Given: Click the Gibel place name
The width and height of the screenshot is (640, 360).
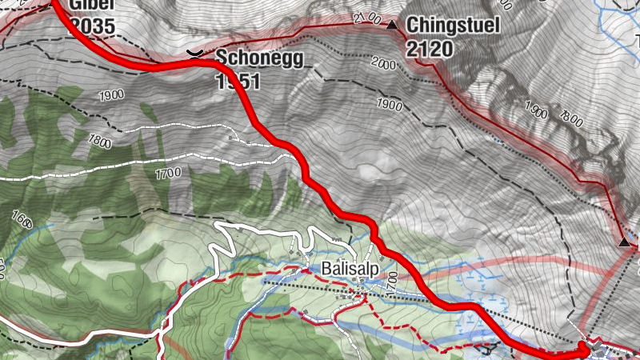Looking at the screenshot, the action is pyautogui.click(x=91, y=5).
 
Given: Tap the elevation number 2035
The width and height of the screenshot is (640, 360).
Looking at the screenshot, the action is pyautogui.click(x=93, y=26).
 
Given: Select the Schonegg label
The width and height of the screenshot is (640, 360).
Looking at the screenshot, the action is pyautogui.click(x=249, y=57).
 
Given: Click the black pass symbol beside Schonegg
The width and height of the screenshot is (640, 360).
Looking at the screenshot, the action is pyautogui.click(x=194, y=54).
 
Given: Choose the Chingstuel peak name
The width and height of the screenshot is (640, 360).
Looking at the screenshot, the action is pyautogui.click(x=453, y=26).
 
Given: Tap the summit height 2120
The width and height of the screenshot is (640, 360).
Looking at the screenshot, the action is pyautogui.click(x=430, y=50).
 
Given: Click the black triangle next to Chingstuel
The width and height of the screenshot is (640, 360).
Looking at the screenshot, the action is pyautogui.click(x=392, y=26).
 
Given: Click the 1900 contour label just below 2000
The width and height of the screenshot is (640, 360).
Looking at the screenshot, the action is pyautogui.click(x=389, y=105).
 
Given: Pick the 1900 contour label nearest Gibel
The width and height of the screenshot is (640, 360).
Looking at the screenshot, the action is pyautogui.click(x=111, y=95).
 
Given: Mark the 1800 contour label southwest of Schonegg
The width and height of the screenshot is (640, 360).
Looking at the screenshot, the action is pyautogui.click(x=101, y=142).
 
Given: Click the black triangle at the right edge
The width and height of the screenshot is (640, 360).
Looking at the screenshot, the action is pyautogui.click(x=624, y=242).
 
